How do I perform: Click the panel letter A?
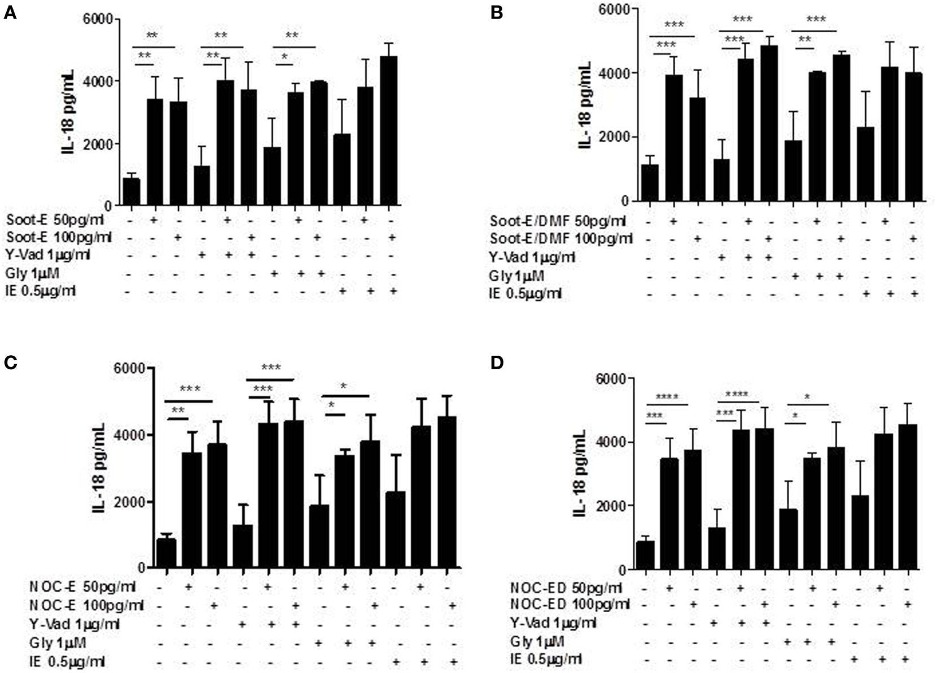pos(10,12)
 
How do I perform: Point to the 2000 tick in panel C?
pos(133,502)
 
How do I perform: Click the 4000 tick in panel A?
pos(100,81)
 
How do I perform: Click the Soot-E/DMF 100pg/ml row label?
pos(561,239)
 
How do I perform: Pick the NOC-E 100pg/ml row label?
pos(86,606)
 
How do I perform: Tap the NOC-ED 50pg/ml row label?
pos(566,588)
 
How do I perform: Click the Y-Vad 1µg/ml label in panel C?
pos(75,624)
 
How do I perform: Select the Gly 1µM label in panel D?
pos(537,641)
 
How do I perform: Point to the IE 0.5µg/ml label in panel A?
pos(41,291)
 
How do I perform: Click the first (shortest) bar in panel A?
pos(132,192)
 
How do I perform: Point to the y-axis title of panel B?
pos(585,106)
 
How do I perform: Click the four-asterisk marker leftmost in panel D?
pos(667,396)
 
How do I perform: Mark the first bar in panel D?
pos(645,555)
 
